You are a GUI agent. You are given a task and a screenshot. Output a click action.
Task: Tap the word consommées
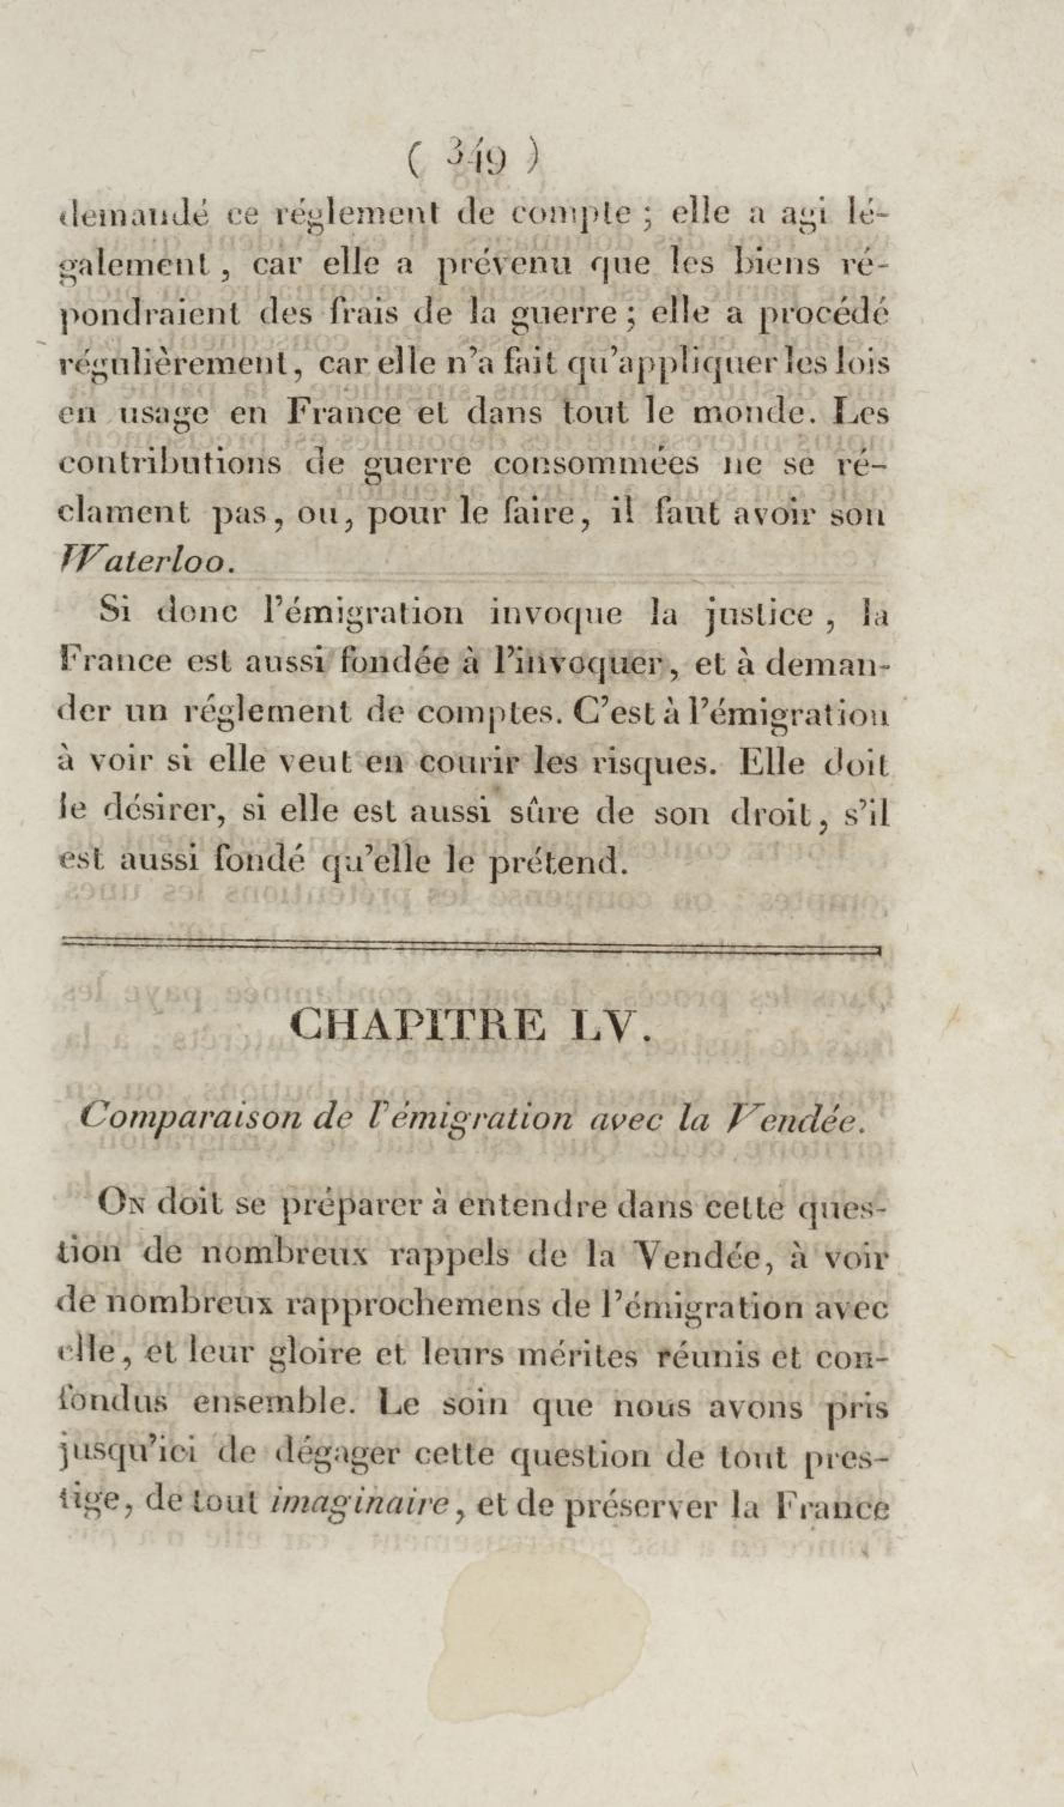[x=595, y=463]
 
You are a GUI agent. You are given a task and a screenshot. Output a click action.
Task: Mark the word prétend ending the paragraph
[x=555, y=860]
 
